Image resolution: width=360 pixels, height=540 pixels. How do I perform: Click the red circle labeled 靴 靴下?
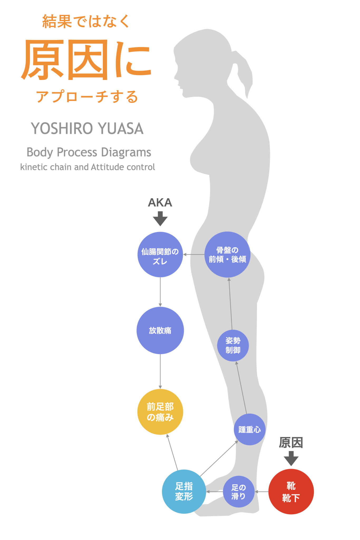pyautogui.click(x=291, y=491)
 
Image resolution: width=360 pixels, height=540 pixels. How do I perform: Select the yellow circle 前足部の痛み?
pyautogui.click(x=160, y=412)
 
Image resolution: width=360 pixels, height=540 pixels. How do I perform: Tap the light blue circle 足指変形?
pyautogui.click(x=184, y=491)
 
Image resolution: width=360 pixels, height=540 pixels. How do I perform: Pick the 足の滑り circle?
pyautogui.click(x=239, y=491)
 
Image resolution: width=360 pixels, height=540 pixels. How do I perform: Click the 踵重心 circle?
pyautogui.click(x=249, y=429)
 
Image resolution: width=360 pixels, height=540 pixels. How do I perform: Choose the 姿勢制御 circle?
pyautogui.click(x=233, y=345)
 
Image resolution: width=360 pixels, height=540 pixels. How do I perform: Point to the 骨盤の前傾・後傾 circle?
pyautogui.click(x=227, y=254)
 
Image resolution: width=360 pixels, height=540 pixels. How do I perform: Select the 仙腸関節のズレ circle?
pyautogui.click(x=160, y=254)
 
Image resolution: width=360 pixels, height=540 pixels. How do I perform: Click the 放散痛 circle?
pyautogui.click(x=160, y=330)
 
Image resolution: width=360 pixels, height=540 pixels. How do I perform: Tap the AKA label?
pyautogui.click(x=160, y=202)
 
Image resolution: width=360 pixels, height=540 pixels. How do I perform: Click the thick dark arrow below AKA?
pyautogui.click(x=160, y=218)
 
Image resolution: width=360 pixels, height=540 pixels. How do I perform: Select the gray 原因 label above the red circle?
pyautogui.click(x=291, y=442)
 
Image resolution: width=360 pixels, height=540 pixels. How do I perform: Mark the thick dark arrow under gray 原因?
pyautogui.click(x=291, y=458)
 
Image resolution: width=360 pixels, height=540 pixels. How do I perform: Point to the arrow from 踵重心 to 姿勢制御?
pyautogui.click(x=242, y=388)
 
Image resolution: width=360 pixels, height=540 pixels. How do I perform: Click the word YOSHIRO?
pyautogui.click(x=62, y=128)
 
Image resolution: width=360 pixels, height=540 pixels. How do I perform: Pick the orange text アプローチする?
pyautogui.click(x=87, y=96)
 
